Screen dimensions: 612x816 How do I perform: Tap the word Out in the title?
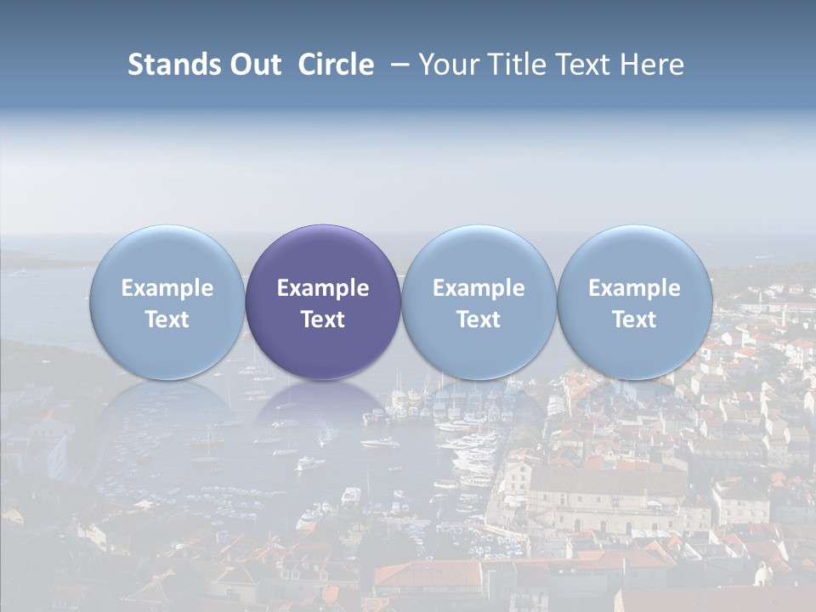255,65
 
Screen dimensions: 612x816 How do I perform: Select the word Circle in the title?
336,65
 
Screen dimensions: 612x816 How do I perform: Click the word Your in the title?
446,65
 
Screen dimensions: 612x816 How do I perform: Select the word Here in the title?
650,65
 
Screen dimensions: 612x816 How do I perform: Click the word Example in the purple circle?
323,288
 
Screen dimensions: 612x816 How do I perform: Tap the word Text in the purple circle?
323,320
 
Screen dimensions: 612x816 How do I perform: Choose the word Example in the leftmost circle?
167,288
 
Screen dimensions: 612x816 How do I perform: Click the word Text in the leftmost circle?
167,320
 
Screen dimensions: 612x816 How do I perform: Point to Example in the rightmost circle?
634,288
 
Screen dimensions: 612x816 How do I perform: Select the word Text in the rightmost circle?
634,320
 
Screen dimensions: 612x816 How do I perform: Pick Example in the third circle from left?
479,288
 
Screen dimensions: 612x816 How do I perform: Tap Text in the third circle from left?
479,320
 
